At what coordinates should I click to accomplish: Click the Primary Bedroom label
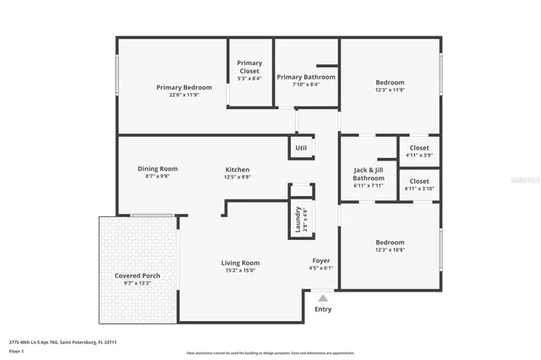click(183, 87)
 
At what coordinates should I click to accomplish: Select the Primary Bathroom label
click(306, 77)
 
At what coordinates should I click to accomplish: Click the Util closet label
click(301, 148)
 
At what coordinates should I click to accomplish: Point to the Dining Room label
click(157, 169)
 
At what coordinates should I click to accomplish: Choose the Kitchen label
click(237, 170)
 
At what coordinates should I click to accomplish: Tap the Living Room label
click(240, 263)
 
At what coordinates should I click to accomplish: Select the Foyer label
click(321, 260)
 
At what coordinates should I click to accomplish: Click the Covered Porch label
click(138, 276)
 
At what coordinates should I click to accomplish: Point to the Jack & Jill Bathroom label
click(369, 174)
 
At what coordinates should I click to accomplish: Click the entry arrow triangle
click(322, 297)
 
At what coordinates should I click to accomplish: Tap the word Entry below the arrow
click(323, 309)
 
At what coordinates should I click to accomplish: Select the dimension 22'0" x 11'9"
click(183, 95)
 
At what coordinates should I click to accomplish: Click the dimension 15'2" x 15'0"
click(240, 270)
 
